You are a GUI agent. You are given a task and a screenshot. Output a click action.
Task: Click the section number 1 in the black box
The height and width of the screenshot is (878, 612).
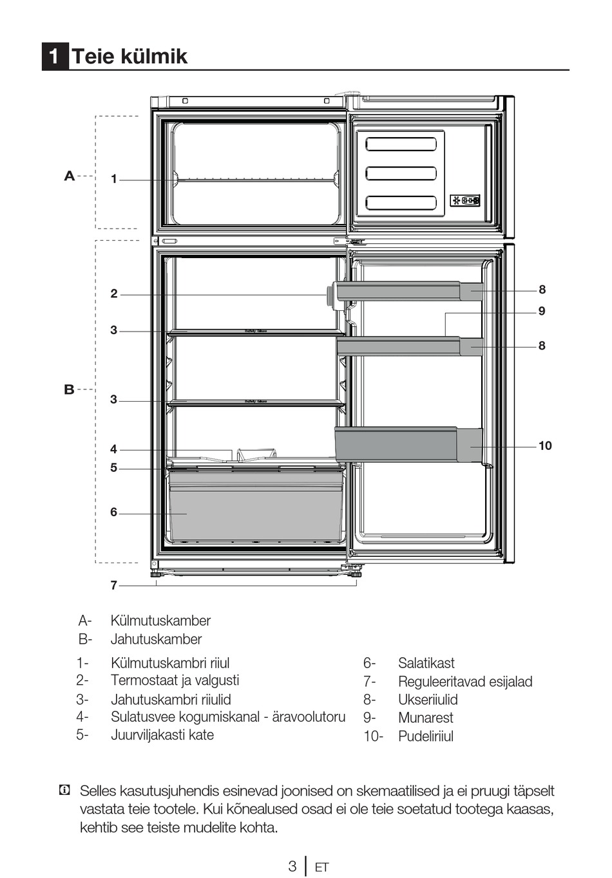click(55, 56)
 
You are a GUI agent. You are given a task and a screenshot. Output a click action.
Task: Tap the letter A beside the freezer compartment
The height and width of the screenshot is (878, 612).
click(70, 176)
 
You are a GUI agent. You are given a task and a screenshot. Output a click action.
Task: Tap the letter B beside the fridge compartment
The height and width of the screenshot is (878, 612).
click(69, 389)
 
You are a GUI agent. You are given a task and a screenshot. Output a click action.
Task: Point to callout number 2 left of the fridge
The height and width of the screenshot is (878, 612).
click(114, 294)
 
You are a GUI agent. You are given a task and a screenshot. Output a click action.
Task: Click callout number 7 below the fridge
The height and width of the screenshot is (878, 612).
click(114, 585)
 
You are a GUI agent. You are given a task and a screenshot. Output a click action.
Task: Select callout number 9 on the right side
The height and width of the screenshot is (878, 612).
click(542, 311)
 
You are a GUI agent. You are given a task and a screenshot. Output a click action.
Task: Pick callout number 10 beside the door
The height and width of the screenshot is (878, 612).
click(545, 445)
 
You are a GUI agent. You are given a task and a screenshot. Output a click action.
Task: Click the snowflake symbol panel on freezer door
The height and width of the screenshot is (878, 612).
click(464, 201)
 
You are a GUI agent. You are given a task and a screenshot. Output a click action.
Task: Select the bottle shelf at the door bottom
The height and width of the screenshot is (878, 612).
click(408, 444)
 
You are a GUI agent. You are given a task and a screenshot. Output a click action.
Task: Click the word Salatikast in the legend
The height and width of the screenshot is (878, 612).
click(426, 663)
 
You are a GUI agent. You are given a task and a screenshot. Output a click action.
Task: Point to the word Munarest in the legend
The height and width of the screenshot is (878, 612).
click(425, 718)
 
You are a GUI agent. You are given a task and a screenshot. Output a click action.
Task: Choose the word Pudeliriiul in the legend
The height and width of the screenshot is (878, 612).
click(425, 736)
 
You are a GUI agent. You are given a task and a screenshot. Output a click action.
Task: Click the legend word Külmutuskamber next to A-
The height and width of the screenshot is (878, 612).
click(160, 621)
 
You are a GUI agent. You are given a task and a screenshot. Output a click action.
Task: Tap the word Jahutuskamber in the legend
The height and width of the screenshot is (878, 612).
click(156, 639)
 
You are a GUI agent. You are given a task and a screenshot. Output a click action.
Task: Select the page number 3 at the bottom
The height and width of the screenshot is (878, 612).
click(292, 866)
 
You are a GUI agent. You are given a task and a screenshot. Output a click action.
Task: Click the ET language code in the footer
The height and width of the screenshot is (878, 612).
click(321, 867)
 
